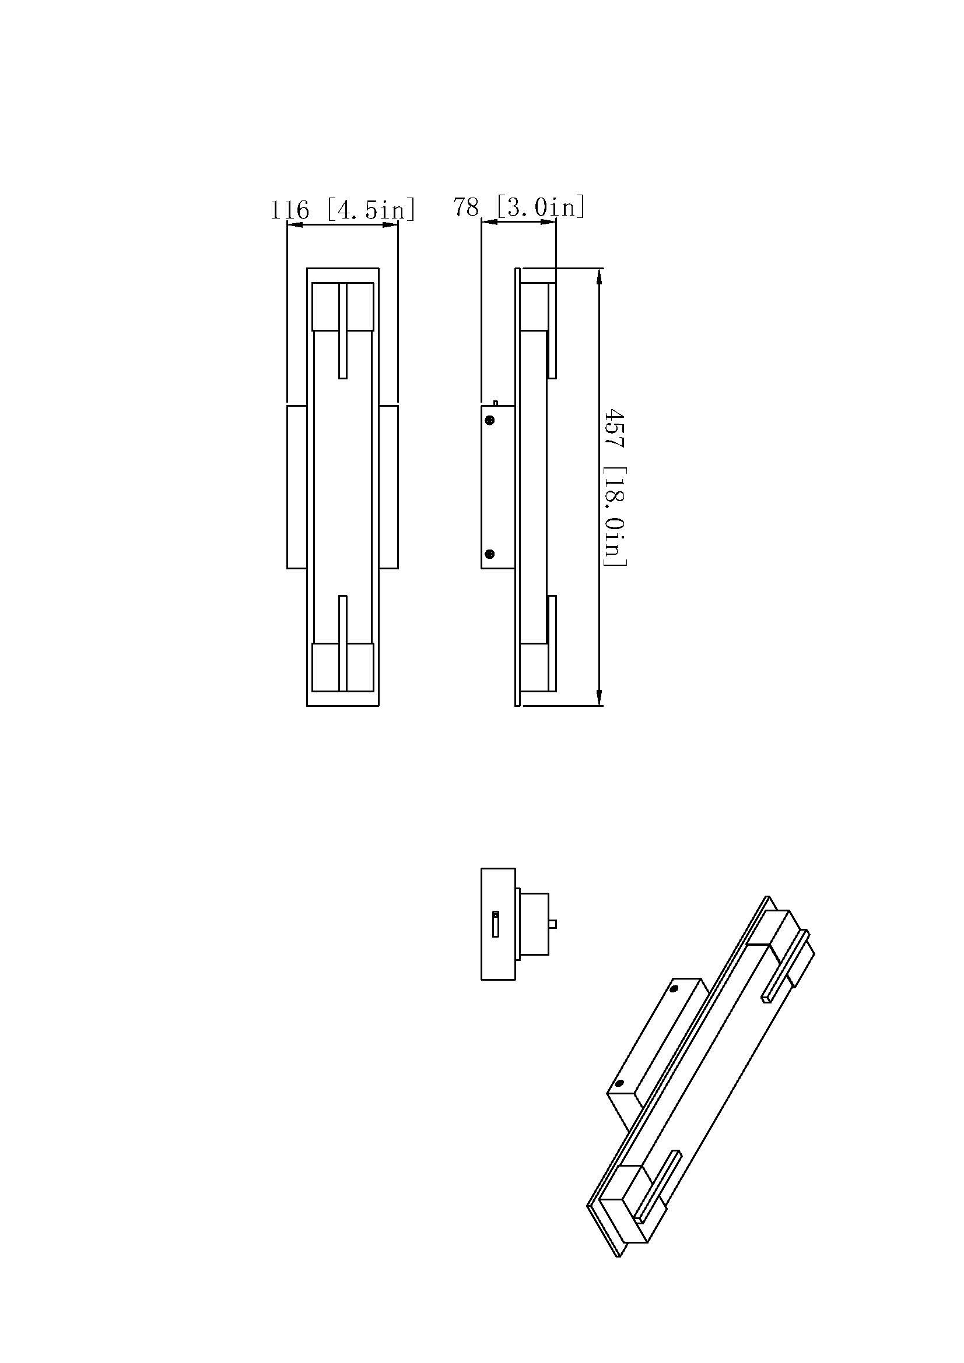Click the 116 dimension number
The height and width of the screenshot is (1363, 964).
pyautogui.click(x=290, y=210)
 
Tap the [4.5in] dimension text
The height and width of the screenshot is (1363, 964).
pyautogui.click(x=371, y=210)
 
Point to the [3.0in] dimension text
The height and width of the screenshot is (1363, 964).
pyautogui.click(x=541, y=207)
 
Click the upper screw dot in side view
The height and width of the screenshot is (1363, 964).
pyautogui.click(x=490, y=420)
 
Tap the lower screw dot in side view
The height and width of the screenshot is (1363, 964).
pyautogui.click(x=490, y=554)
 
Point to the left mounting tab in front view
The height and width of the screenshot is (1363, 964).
pyautogui.click(x=296, y=487)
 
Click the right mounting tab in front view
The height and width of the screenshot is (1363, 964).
pyautogui.click(x=388, y=487)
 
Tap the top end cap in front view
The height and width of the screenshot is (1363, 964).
pyautogui.click(x=343, y=307)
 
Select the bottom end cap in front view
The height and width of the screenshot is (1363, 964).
pyautogui.click(x=343, y=667)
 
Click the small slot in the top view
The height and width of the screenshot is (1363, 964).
pyautogui.click(x=495, y=925)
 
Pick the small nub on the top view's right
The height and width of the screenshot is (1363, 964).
pyautogui.click(x=553, y=924)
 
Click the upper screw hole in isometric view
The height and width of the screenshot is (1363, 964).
pyautogui.click(x=674, y=989)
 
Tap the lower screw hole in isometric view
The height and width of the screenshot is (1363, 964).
pyautogui.click(x=619, y=1083)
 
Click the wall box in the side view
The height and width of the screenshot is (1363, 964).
pyautogui.click(x=497, y=487)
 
